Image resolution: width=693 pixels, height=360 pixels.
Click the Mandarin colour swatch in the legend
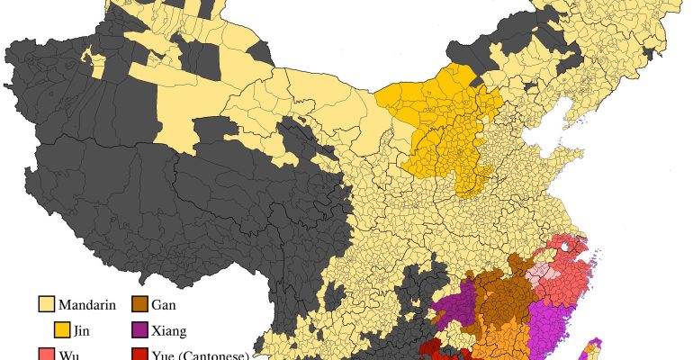[47, 304]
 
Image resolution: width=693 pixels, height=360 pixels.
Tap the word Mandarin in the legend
[90, 304]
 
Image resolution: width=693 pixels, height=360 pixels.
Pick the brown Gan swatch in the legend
[139, 304]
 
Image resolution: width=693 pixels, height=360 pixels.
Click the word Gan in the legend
[164, 304]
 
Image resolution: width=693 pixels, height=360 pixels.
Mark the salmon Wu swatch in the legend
[47, 355]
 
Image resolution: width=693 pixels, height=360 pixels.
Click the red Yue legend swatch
[139, 355]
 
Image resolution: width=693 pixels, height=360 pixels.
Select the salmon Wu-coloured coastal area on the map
[567, 279]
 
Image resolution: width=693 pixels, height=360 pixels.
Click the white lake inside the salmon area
[565, 244]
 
